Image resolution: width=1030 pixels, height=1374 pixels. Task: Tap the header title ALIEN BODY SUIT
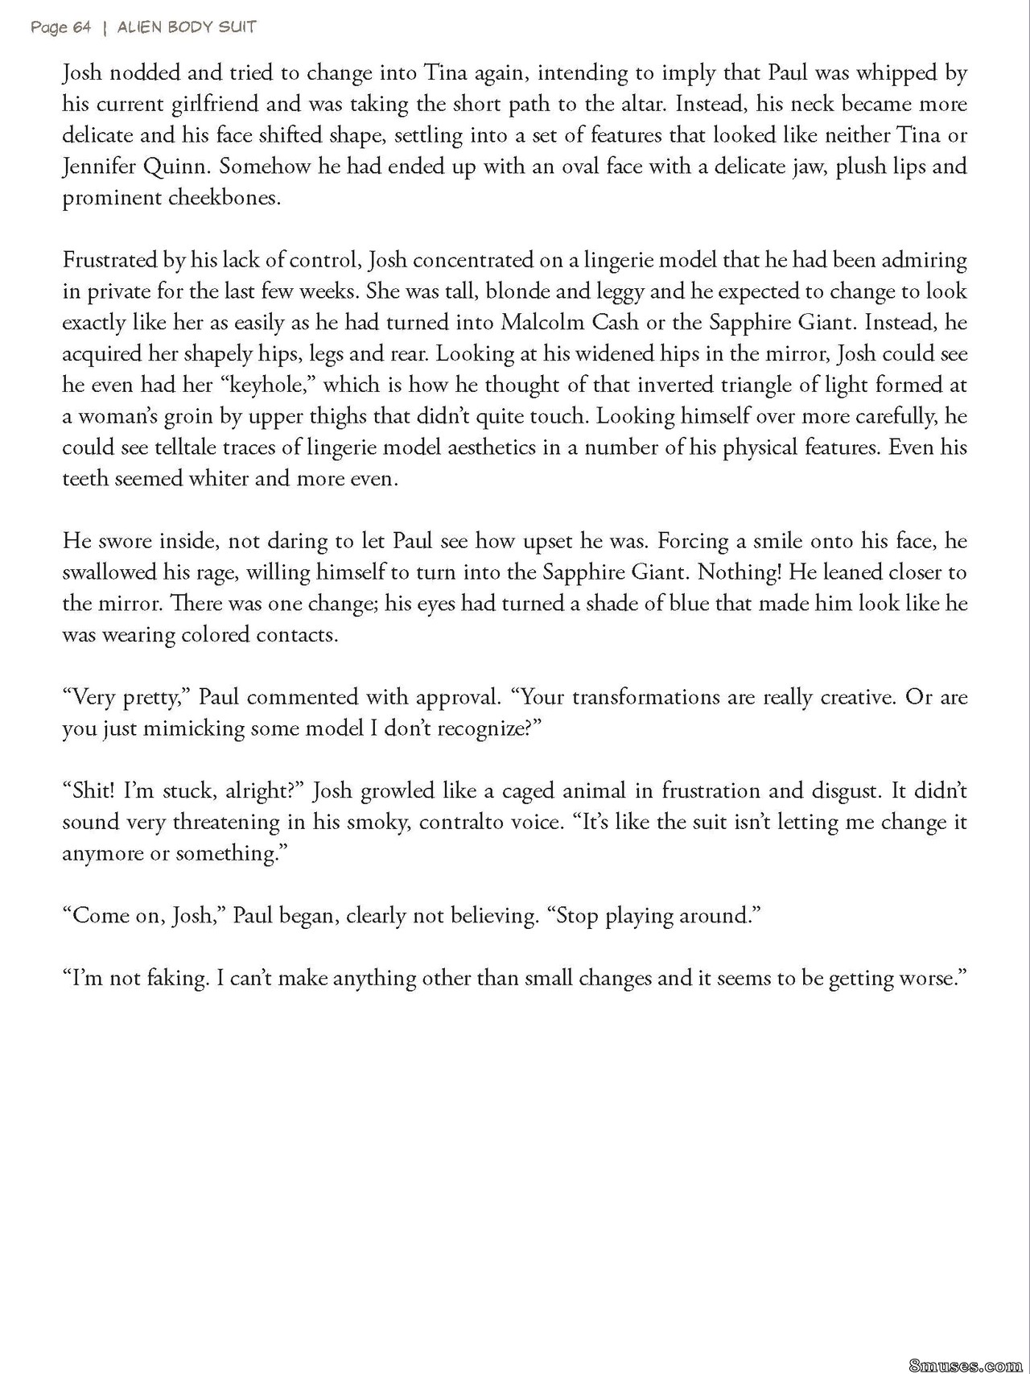point(187,27)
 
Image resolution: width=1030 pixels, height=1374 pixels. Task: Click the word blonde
point(517,291)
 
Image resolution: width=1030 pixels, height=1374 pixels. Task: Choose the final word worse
point(929,979)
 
